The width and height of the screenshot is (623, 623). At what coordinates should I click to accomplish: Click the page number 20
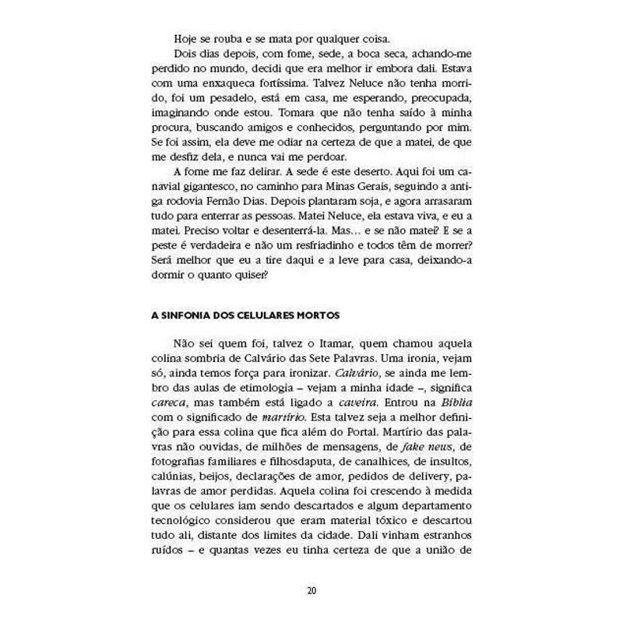[311, 590]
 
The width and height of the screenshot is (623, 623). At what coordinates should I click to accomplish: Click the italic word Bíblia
[456, 404]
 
